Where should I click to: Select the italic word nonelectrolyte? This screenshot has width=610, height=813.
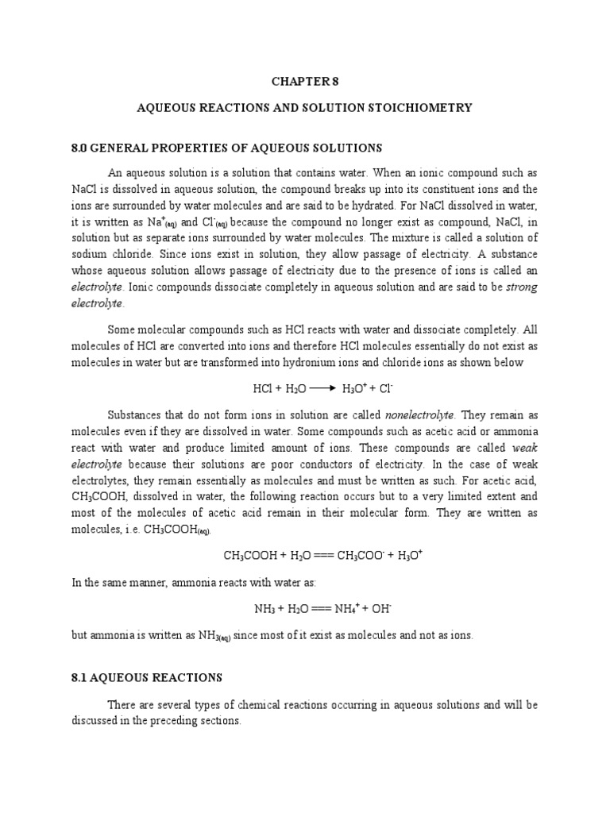[x=419, y=414]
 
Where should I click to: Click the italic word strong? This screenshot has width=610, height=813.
[x=521, y=287]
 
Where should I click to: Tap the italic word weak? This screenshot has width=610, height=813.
[x=525, y=447]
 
